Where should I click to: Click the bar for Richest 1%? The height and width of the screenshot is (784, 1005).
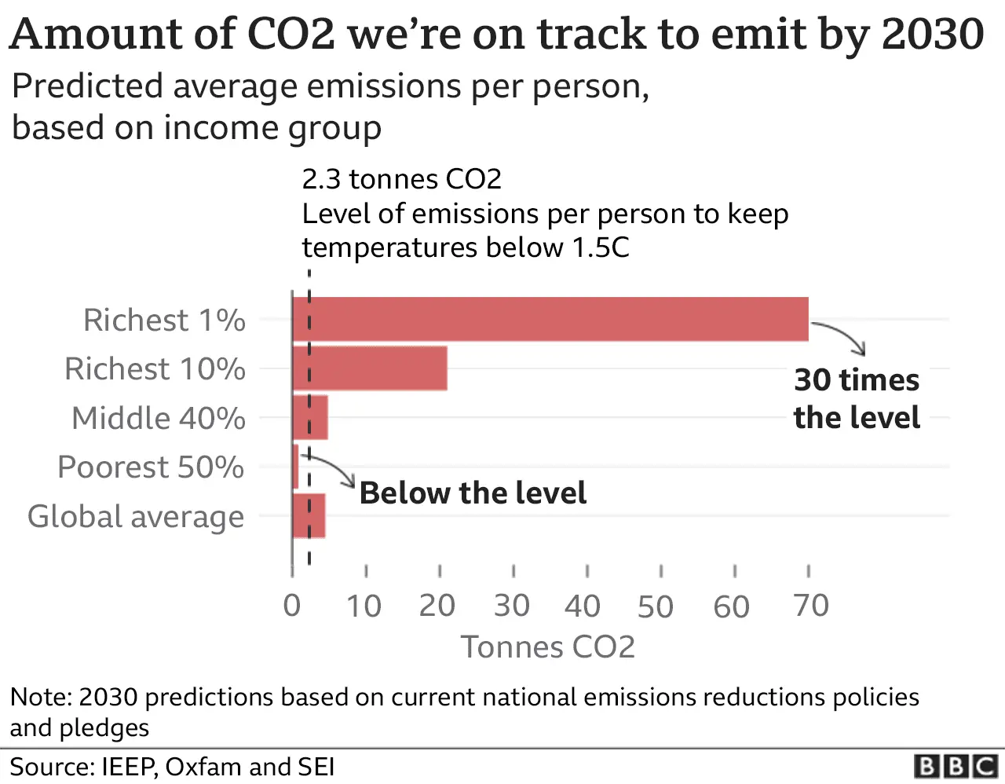pos(550,319)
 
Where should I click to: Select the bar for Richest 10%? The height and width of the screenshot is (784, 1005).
pos(369,368)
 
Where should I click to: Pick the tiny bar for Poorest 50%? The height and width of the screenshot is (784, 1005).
pos(295,467)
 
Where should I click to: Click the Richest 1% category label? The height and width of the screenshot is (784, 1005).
pos(164,321)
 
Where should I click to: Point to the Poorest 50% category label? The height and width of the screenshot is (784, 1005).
pos(151,467)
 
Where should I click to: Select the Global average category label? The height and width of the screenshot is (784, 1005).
pos(136,517)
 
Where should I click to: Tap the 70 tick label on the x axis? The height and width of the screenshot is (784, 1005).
pos(811,606)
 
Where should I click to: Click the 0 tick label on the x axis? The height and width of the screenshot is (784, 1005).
pos(292,606)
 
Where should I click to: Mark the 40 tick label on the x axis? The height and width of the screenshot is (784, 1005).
pos(583,606)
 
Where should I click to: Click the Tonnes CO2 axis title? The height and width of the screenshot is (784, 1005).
pos(547,647)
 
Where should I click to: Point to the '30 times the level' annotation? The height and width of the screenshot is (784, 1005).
pos(857,399)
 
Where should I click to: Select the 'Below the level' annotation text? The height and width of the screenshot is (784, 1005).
pos(473,493)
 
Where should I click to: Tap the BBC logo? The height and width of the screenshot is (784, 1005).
pos(956,766)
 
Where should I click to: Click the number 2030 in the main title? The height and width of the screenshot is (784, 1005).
pos(933,35)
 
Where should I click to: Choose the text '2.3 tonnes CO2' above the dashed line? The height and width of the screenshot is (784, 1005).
pos(401,180)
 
